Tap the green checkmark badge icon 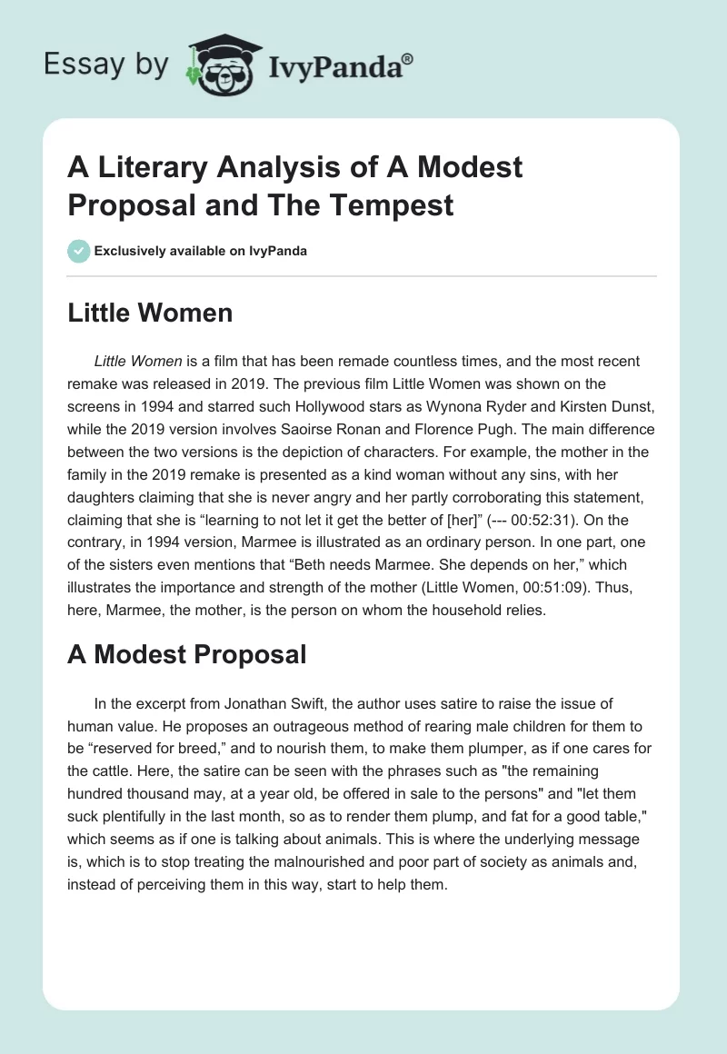point(79,251)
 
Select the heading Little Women point(150,313)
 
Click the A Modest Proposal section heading point(186,653)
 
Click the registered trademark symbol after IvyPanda point(408,57)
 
